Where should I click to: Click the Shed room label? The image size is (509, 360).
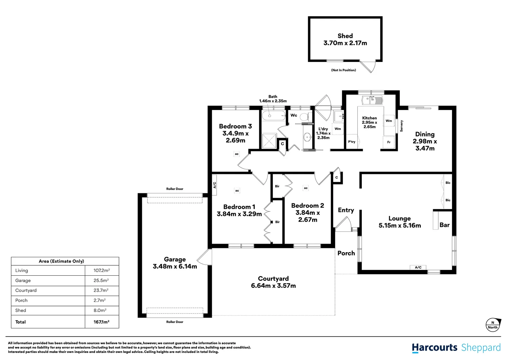tap(345, 36)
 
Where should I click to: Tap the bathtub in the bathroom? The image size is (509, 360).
tap(273, 116)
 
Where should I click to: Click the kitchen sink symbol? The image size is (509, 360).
tap(372, 100)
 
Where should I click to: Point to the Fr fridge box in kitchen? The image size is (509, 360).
tap(389, 142)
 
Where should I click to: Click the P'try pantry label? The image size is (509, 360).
tap(351, 142)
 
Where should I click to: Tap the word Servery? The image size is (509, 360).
tap(401, 126)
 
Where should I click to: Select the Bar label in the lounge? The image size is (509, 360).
tap(444, 225)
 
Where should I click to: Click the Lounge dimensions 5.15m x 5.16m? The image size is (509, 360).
tap(399, 226)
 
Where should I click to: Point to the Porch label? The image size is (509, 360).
tap(346, 253)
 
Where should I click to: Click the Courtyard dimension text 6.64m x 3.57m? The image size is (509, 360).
tap(273, 286)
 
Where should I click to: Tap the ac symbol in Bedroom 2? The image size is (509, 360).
tap(306, 188)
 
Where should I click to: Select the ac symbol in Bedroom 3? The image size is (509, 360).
tap(237, 154)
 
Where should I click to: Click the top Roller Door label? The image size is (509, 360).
tap(175, 189)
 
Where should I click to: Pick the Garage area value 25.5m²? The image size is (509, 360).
tap(101, 281)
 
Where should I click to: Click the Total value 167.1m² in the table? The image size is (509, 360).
tap(101, 322)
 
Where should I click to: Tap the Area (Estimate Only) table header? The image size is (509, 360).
tap(61, 261)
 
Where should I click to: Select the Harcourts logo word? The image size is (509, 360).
tap(434, 348)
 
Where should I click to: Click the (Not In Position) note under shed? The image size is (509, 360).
tap(343, 70)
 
